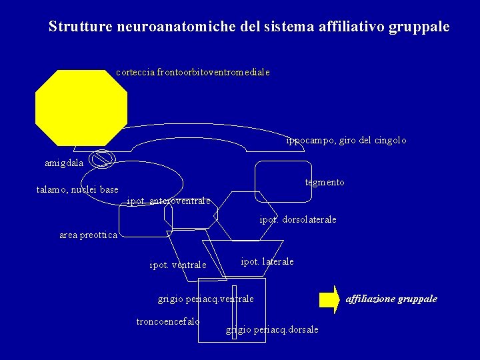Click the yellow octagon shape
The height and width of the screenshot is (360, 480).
click(81, 107)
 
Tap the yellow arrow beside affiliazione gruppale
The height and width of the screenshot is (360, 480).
click(329, 299)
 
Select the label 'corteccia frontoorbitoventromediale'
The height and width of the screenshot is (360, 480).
click(193, 72)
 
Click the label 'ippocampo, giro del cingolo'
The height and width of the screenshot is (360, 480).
click(346, 141)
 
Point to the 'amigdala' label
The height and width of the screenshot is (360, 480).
click(64, 163)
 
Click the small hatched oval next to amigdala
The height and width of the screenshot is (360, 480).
click(103, 159)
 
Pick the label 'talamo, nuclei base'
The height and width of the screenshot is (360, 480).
click(77, 190)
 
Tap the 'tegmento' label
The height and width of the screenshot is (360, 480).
click(325, 182)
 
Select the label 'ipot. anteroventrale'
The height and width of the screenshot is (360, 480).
click(169, 201)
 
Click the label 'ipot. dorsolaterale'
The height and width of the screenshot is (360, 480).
click(298, 219)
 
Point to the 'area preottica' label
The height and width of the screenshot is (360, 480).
click(88, 235)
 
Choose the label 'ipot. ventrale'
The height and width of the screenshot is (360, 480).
click(178, 265)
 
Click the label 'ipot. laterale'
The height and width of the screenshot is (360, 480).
click(267, 261)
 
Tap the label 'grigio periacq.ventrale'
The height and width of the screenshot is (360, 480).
click(206, 299)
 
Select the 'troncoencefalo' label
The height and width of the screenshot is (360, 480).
click(168, 321)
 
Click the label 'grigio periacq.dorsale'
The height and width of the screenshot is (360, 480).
click(272, 329)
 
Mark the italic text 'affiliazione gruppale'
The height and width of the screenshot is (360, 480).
click(391, 299)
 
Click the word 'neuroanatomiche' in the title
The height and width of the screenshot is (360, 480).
click(176, 27)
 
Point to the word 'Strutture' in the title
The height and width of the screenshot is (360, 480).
click(81, 27)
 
